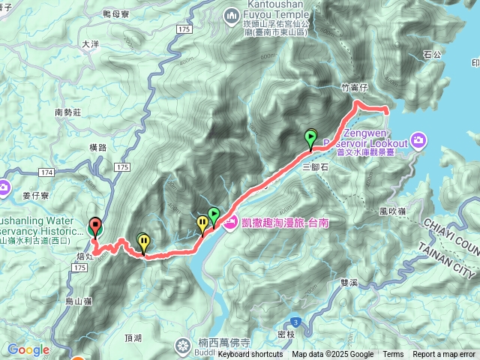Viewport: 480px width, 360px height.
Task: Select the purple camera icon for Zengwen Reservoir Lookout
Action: (x=418, y=140)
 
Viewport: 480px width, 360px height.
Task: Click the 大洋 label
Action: (x=90, y=45)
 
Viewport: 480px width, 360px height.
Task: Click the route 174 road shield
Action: (x=46, y=173)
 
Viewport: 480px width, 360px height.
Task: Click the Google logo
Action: (x=28, y=349)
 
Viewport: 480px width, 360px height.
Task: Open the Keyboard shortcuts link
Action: (x=250, y=355)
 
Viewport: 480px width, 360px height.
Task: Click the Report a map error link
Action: (x=445, y=355)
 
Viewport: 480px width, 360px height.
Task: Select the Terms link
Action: (x=393, y=355)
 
